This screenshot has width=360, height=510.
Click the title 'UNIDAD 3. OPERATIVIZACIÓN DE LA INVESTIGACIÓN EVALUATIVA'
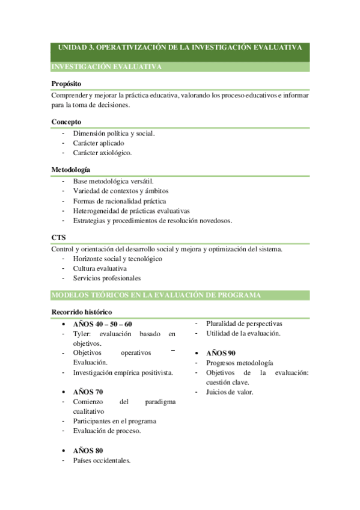(x=180, y=47)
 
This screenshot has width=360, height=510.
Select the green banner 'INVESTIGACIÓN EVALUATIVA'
(x=106, y=67)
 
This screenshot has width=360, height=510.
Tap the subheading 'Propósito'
(x=66, y=84)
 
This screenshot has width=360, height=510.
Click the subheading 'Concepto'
(x=66, y=121)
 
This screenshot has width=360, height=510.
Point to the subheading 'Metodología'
(x=71, y=170)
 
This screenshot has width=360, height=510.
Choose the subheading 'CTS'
(x=58, y=238)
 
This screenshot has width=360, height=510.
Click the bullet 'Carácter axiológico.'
(x=102, y=153)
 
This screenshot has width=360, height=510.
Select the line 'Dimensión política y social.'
(x=114, y=133)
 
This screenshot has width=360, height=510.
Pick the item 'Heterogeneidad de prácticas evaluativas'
(x=131, y=210)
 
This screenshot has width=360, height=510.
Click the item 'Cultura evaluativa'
(x=100, y=268)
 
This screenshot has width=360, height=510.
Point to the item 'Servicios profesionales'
(x=106, y=278)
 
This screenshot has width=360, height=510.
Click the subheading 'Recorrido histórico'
(x=81, y=312)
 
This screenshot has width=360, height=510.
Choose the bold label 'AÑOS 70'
(x=88, y=392)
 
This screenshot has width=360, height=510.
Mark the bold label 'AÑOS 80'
(x=88, y=450)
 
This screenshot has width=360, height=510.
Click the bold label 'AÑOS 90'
(x=221, y=353)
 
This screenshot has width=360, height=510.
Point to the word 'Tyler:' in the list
(x=83, y=334)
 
